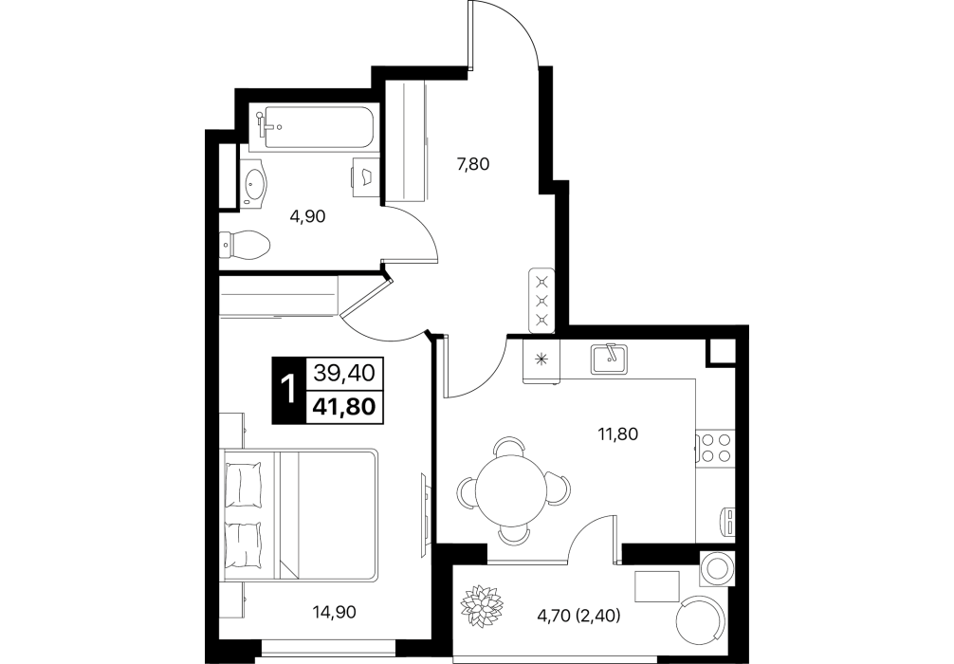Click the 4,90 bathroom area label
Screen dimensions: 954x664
(x=308, y=216)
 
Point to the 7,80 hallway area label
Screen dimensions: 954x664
(x=473, y=164)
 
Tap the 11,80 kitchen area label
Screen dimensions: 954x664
(x=618, y=434)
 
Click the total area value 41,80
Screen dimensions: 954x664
(x=343, y=405)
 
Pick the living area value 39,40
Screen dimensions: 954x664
(x=343, y=373)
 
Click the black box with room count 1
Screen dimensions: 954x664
(x=285, y=390)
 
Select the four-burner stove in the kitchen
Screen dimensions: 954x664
(x=715, y=448)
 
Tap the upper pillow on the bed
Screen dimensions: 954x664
(x=244, y=483)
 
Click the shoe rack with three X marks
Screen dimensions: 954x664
(x=541, y=300)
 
